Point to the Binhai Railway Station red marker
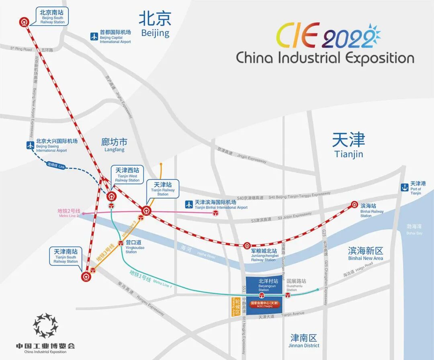(354, 205)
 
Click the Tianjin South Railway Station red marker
(86, 276)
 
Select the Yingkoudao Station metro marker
(121, 243)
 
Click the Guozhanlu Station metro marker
(288, 296)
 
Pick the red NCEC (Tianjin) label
(264, 304)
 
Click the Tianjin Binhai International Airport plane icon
(189, 205)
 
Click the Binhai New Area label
(365, 254)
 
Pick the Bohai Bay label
(414, 229)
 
